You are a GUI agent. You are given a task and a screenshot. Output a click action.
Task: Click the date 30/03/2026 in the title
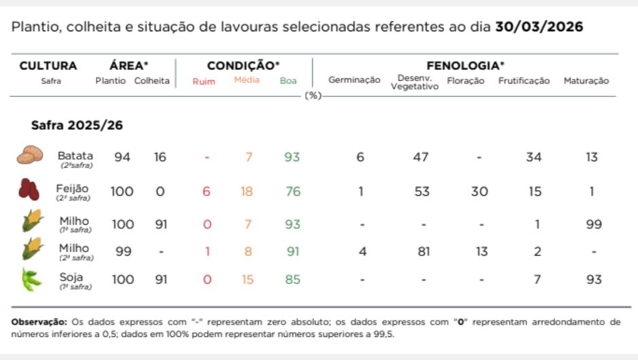pos(539,27)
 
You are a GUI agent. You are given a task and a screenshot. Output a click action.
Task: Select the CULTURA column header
pos(48,66)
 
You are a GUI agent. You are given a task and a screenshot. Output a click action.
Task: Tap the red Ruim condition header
pos(204,82)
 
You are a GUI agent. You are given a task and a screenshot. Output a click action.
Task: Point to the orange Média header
pos(246,80)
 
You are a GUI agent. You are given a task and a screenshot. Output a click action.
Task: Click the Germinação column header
pos(354,80)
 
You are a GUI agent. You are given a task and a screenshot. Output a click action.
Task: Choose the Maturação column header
pos(586,81)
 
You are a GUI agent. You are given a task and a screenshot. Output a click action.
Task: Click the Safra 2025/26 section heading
pos(77,126)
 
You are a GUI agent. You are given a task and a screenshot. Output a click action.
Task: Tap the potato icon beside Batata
pos(30,156)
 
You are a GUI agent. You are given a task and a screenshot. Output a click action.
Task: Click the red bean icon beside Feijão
pos(29,190)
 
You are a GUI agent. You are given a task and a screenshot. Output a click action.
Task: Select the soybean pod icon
pos(30,279)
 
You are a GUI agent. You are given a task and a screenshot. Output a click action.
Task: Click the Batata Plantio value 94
pos(122,158)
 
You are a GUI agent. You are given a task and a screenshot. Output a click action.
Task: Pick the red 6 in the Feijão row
pos(206,192)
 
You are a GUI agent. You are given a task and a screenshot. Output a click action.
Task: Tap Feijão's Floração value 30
pos(479,192)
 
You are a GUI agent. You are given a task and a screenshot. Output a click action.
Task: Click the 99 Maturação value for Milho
pos(593,224)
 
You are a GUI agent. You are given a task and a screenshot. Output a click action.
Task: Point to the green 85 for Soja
pos(293,279)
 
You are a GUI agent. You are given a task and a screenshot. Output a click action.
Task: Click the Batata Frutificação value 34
pos(533,158)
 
